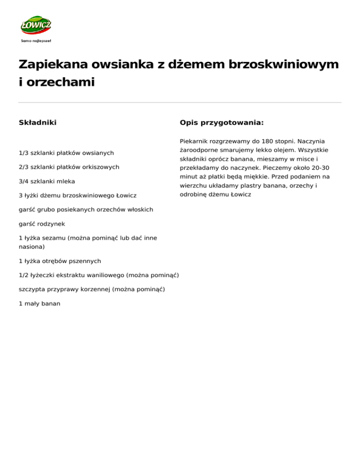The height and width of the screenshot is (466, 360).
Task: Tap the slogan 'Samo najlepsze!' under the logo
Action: [x=36, y=41]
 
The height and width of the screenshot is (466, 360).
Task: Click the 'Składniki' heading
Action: [x=37, y=123]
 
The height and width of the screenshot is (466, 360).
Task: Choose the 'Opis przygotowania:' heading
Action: [x=221, y=123]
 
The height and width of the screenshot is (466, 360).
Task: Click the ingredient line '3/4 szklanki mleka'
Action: [x=47, y=181]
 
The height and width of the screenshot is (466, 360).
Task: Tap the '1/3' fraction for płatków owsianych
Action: [x=23, y=153]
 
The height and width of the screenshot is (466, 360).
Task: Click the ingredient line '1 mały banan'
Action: [x=39, y=303]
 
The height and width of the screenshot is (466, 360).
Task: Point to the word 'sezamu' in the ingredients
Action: [x=55, y=238]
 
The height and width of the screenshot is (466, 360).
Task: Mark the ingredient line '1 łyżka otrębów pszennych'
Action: [x=60, y=261]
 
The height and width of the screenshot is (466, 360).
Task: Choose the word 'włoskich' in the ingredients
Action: [x=140, y=209]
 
